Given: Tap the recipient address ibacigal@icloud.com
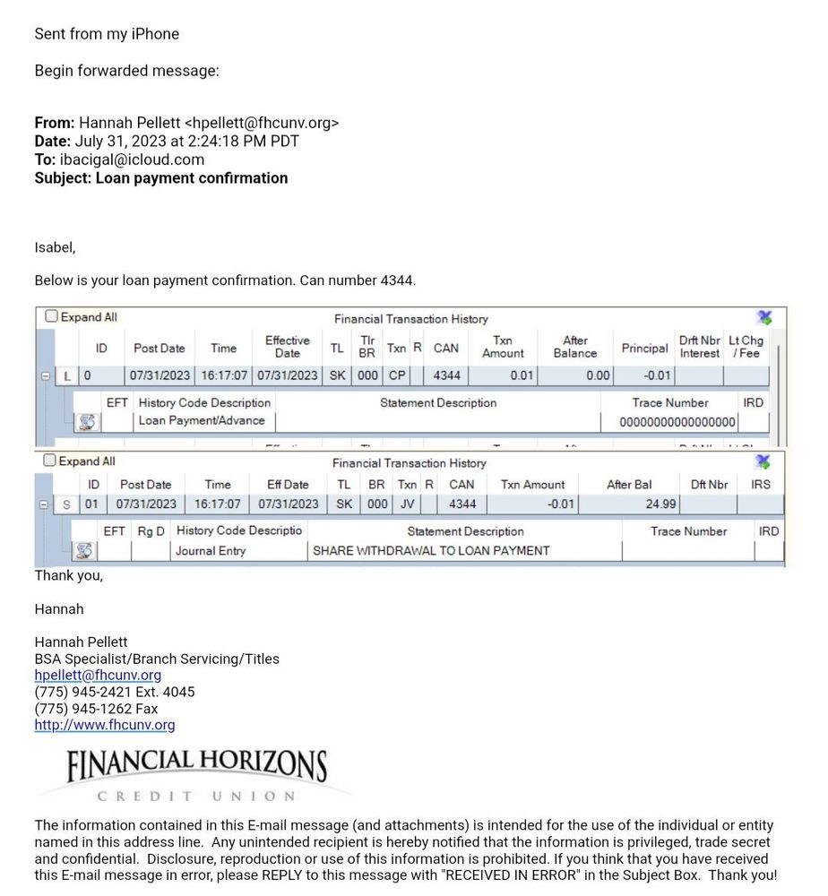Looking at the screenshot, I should pos(132,159).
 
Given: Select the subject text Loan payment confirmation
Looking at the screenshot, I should pos(192,177).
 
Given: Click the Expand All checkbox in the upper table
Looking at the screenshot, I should pos(52,316).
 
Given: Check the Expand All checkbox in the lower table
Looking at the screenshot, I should pos(50,461).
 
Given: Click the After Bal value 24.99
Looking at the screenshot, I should pos(660,504).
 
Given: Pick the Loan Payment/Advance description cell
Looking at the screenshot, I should pos(202,420).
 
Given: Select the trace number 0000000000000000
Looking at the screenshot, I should pos(677,422).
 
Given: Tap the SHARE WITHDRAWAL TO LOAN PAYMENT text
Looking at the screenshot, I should pos(430,551).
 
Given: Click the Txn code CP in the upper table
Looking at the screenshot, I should pos(397,376).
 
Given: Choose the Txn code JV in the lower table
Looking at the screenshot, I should pos(407,504).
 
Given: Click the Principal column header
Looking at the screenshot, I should pos(644,348).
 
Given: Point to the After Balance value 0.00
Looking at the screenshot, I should pos(598,376).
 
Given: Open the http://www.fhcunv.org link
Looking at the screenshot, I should pos(105,725).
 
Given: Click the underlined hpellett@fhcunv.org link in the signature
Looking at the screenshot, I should pos(98,676).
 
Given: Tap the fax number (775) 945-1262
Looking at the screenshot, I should pos(85,709).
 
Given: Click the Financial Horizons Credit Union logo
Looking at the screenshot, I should pos(196,773).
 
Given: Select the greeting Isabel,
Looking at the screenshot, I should pos(55,247).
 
